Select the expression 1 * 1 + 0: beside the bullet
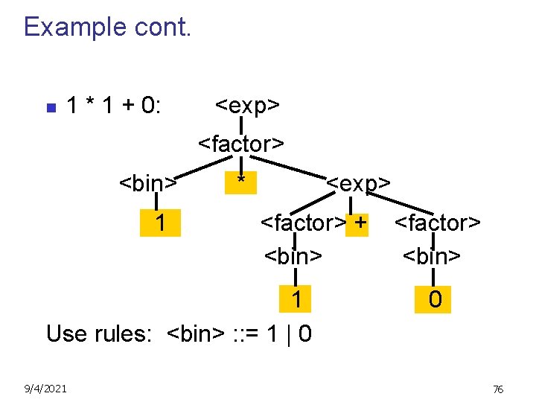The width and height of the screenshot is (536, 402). (113, 106)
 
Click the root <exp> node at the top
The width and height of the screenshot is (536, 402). (247, 106)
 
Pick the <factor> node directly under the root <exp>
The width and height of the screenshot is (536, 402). (241, 144)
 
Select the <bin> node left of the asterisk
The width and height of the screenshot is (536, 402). (148, 183)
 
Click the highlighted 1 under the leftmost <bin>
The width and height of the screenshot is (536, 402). (160, 222)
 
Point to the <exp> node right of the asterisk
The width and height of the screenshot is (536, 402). (359, 183)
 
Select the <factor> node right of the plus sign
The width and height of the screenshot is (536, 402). (438, 223)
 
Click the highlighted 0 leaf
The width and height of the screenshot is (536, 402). (435, 299)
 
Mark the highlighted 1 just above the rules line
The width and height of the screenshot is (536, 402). (297, 299)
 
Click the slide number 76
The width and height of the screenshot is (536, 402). (498, 389)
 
